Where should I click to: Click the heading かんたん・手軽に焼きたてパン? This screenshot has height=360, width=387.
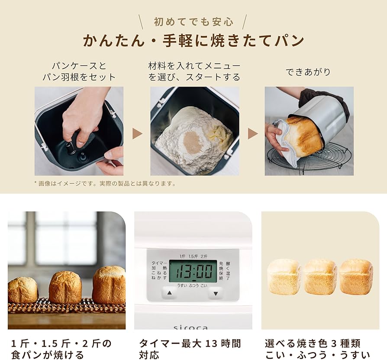[x=193, y=41]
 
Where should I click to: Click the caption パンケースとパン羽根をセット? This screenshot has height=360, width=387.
[x=79, y=71]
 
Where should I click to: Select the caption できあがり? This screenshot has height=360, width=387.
[x=308, y=72]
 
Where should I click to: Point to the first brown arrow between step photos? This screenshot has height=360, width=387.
[x=137, y=133]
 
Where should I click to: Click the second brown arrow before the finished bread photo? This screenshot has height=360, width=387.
[x=252, y=133]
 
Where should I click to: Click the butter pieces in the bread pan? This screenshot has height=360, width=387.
[x=219, y=132]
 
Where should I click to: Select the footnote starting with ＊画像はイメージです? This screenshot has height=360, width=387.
[x=105, y=183]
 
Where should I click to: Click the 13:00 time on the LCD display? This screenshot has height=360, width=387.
[x=193, y=272]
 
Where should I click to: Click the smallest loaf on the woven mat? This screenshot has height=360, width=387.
[x=23, y=290]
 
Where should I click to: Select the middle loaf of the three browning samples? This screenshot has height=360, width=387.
[x=320, y=277]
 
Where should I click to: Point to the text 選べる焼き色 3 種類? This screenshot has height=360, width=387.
[x=313, y=344]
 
